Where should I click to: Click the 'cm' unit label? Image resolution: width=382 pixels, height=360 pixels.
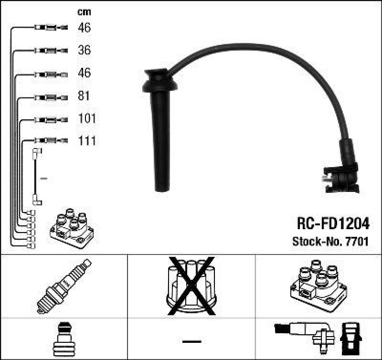(84, 12)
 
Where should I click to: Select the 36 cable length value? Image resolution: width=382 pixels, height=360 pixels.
(84, 50)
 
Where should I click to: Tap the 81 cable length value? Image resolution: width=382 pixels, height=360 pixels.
(84, 96)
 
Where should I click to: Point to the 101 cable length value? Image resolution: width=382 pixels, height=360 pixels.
(87, 118)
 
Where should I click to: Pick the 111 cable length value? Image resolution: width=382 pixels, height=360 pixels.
(87, 141)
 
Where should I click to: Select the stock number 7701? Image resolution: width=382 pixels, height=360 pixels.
(358, 242)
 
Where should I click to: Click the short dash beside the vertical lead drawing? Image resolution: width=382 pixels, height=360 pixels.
(43, 179)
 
